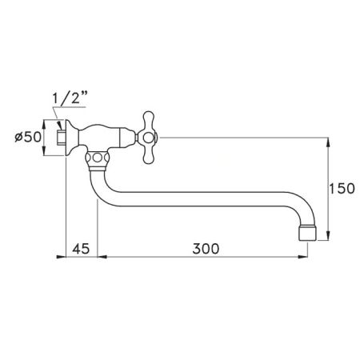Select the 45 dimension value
point(80,248)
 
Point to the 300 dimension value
point(206,248)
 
